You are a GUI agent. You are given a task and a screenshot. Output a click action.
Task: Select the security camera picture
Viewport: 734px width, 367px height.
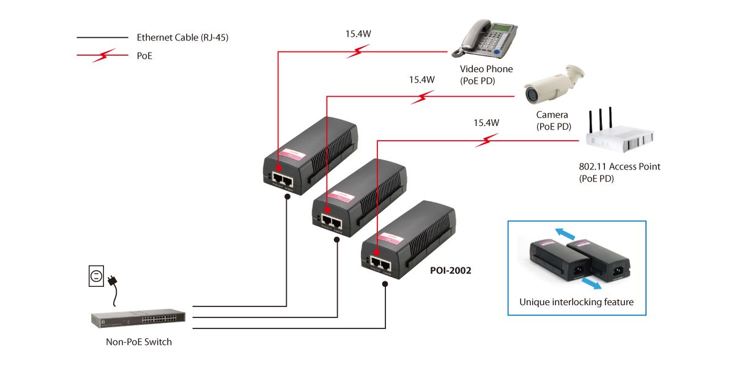550,86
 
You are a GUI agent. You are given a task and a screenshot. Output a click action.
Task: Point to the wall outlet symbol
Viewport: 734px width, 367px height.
95,277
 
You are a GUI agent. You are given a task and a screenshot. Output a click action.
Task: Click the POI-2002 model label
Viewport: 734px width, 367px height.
450,270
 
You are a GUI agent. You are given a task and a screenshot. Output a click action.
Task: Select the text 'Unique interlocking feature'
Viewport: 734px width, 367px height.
576,302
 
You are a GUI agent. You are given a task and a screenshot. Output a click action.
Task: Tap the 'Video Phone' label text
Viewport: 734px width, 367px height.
486,69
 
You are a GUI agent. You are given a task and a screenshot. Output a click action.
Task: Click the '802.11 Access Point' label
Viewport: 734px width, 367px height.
619,166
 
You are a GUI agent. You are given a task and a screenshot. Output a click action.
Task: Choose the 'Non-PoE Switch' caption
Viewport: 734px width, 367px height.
139,342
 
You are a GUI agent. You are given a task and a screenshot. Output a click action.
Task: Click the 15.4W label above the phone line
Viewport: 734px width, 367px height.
358,34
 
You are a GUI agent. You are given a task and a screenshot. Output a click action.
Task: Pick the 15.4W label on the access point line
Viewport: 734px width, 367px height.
486,123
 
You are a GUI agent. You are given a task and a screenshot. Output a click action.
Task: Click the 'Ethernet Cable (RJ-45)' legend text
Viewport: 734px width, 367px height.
183,37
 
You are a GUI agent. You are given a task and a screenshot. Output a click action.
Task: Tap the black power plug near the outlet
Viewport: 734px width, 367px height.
112,281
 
